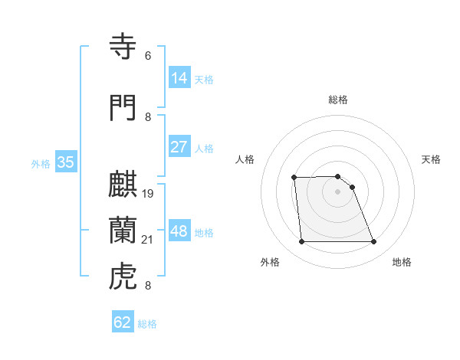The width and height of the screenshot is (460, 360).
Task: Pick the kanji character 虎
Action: pyautogui.click(x=124, y=277)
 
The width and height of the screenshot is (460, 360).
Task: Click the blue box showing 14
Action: pyautogui.click(x=179, y=78)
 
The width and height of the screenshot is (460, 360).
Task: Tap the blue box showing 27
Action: pyautogui.click(x=179, y=147)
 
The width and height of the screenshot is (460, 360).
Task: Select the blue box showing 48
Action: pyautogui.click(x=179, y=231)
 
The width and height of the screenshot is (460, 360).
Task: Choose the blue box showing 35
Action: pyautogui.click(x=65, y=162)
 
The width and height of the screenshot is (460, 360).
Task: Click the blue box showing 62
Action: pyautogui.click(x=123, y=322)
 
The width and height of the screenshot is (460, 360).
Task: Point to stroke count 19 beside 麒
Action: pyautogui.click(x=148, y=193)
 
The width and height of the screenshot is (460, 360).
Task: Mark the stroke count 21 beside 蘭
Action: pyautogui.click(x=148, y=239)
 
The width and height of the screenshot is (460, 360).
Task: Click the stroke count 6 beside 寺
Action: pyautogui.click(x=148, y=55)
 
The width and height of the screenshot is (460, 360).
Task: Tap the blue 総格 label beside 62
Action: pyautogui.click(x=147, y=324)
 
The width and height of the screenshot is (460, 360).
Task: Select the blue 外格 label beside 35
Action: pyautogui.click(x=41, y=163)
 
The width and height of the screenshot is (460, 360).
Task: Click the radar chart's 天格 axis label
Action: pyautogui.click(x=431, y=159)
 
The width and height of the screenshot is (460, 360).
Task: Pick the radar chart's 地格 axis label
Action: pyautogui.click(x=402, y=262)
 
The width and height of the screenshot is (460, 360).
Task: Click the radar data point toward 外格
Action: pyautogui.click(x=301, y=242)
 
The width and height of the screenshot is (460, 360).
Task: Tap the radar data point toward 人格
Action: pyautogui.click(x=294, y=178)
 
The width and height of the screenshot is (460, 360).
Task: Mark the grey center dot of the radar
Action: pyautogui.click(x=337, y=191)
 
